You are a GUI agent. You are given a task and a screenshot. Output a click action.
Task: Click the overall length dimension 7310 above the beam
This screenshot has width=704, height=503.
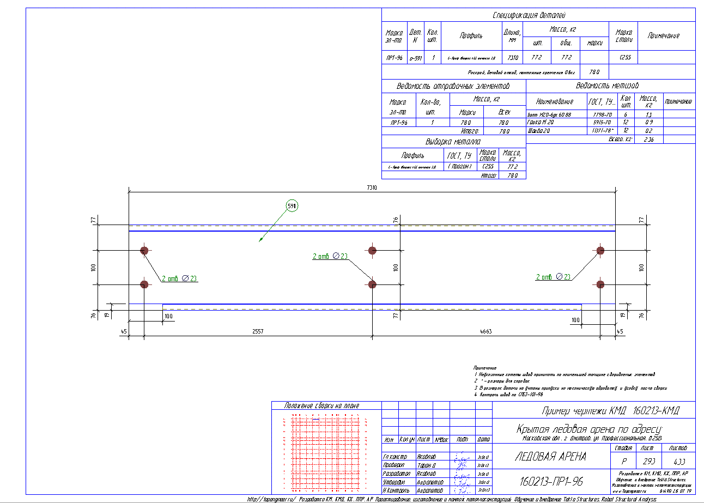(x=372, y=187)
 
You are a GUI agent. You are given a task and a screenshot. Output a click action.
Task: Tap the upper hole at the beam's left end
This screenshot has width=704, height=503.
(x=144, y=251)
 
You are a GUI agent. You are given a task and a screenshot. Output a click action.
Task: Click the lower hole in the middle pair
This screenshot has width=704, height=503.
(x=372, y=284)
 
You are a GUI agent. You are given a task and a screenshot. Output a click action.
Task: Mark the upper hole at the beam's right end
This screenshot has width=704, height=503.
(x=600, y=251)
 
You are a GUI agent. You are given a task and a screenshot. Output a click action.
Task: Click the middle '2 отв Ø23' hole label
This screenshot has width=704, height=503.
(x=330, y=256)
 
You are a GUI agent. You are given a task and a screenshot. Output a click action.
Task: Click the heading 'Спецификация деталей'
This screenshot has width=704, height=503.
(x=529, y=15)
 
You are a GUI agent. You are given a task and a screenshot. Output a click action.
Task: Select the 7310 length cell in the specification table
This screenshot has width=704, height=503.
(x=512, y=57)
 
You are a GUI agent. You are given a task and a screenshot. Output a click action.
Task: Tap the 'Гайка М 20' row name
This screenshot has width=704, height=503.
(x=542, y=123)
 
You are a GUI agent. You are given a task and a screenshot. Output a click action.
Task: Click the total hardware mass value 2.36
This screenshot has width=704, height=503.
(x=648, y=140)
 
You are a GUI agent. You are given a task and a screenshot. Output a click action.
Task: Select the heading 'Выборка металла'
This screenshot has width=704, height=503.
(x=454, y=141)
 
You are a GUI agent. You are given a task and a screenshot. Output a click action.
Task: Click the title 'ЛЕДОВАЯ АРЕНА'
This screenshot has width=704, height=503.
(x=550, y=457)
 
